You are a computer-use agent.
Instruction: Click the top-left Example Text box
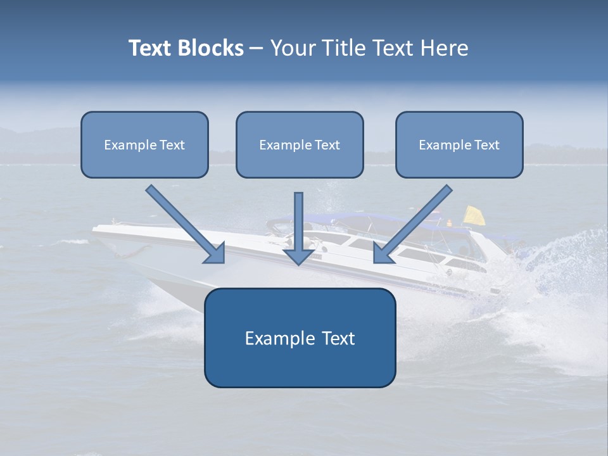144,144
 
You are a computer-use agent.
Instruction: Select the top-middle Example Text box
300,144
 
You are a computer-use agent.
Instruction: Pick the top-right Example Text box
459,144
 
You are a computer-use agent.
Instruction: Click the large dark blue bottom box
300,338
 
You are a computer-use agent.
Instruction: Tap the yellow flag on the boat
474,215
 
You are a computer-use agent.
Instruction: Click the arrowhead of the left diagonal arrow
215,253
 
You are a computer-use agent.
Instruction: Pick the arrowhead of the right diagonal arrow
383,253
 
